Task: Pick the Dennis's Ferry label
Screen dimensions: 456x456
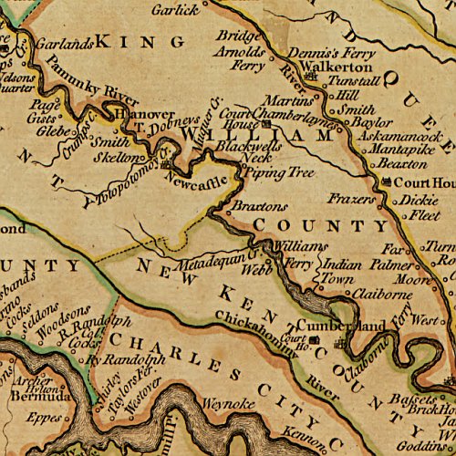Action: [325, 52]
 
